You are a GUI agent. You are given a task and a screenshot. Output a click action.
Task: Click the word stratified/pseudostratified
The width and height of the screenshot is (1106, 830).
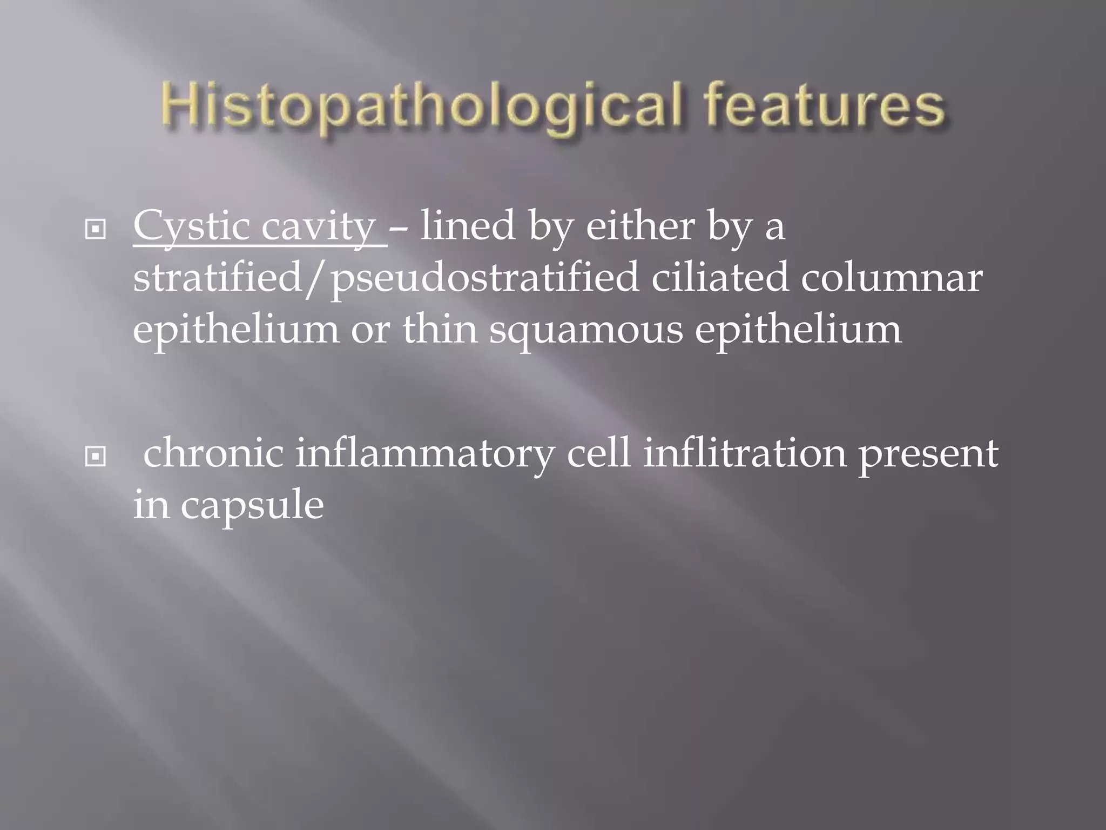pyautogui.click(x=386, y=279)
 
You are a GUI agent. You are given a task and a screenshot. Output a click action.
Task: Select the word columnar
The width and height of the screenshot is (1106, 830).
pyautogui.click(x=891, y=279)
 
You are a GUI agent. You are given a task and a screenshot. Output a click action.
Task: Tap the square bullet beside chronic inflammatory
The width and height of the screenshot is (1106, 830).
pyautogui.click(x=96, y=457)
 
